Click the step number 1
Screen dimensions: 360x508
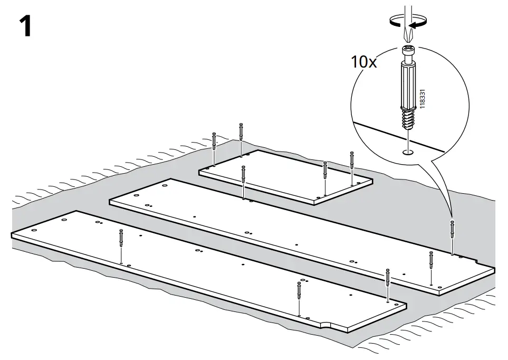(25, 26)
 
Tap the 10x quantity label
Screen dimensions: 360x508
(365, 62)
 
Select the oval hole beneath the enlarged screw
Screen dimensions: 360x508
(407, 153)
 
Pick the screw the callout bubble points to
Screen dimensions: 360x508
(452, 229)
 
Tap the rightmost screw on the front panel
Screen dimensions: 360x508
(388, 278)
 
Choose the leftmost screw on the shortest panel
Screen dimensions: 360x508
(214, 140)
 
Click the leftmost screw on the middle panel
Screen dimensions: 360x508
(243, 175)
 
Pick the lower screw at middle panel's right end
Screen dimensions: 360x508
(432, 260)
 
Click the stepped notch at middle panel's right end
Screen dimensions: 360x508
(483, 264)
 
